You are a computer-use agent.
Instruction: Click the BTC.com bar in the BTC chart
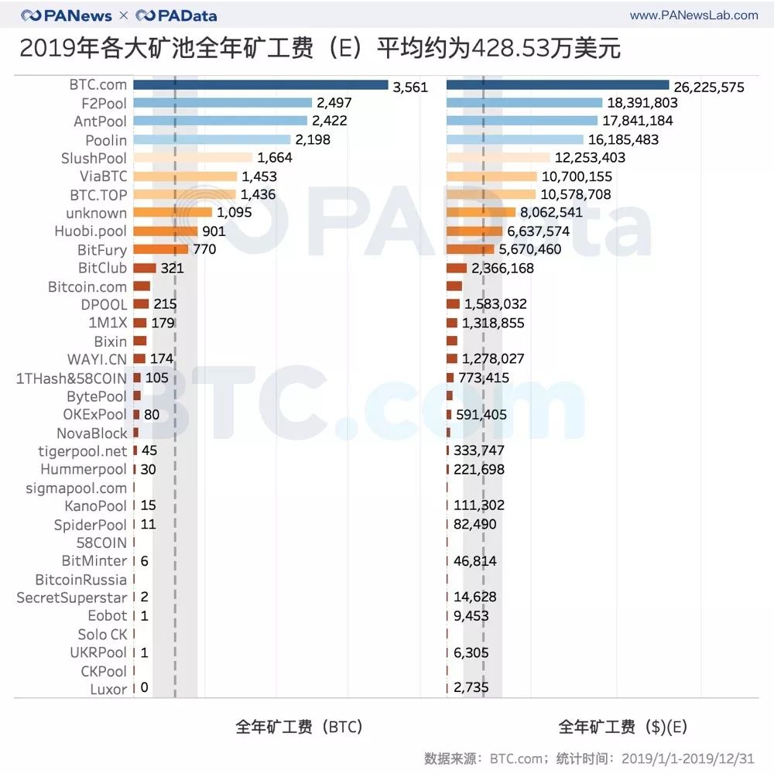coord(260,85)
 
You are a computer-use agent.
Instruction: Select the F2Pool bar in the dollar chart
coord(524,103)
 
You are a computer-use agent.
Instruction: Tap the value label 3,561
coord(410,87)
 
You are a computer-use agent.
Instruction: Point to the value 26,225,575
coord(708,87)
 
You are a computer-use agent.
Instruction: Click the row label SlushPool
coord(94,158)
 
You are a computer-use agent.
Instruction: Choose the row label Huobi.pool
coord(91,231)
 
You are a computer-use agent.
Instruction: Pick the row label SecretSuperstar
coord(71,598)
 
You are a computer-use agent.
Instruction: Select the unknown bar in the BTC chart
coord(173,213)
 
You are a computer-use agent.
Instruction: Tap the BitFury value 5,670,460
coord(530,249)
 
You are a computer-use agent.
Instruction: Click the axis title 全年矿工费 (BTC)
coord(299,727)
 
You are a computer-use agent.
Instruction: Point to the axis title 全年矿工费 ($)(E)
coord(623,727)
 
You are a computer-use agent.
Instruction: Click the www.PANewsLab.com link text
coord(694,15)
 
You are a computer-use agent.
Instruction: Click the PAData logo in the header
coord(176,15)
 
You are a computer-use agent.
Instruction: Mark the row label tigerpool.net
coord(82,451)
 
